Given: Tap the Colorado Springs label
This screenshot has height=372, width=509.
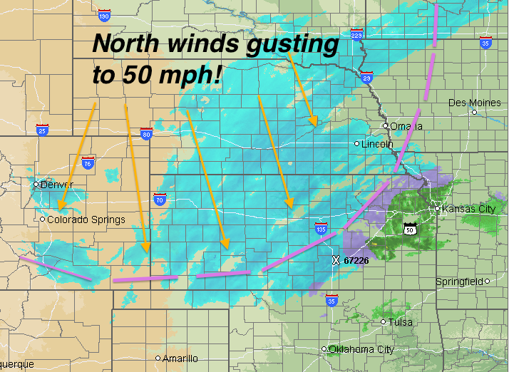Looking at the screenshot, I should (86, 219).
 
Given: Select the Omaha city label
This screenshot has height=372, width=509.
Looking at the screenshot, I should (406, 126).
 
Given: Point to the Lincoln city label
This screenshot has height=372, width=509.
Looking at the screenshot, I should (377, 144).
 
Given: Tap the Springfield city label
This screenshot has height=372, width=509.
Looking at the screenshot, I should (461, 281).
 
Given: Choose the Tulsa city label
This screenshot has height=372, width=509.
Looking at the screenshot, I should (401, 322).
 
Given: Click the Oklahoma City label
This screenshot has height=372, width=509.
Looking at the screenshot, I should (361, 349).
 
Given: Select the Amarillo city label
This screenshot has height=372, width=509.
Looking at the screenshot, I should (180, 358).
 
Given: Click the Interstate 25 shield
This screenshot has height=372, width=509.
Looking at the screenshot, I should (42, 130).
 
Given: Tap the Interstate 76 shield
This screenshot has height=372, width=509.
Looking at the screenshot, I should (88, 162).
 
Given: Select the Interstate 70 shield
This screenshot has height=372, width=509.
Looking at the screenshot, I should (160, 200).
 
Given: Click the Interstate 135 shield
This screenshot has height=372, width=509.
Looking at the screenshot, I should (322, 229).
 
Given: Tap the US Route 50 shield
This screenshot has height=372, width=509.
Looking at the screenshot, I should (410, 228).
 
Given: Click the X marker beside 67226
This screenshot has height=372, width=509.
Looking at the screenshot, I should (336, 261).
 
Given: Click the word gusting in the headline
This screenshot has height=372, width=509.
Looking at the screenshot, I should (289, 44).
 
